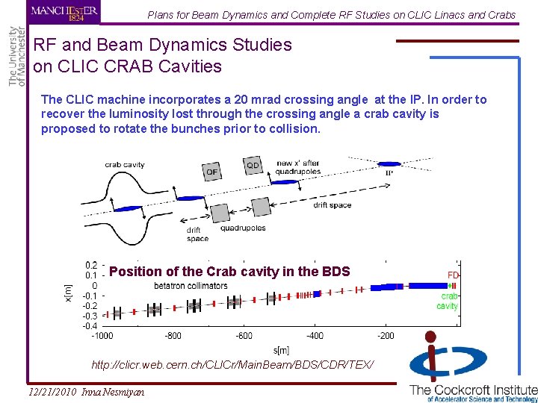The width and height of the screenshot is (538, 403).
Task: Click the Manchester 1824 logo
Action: [64, 13]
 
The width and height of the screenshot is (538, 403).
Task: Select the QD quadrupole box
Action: [253, 165]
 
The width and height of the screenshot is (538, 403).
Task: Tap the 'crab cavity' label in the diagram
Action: [125, 165]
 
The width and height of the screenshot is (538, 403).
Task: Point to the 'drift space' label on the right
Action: [332, 205]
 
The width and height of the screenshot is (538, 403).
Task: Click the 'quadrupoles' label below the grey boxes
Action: [243, 228]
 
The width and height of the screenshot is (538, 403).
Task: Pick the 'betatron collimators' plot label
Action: [191, 286]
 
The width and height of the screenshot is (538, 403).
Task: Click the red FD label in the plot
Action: [453, 275]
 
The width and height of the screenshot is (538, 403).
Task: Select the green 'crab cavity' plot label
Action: [448, 301]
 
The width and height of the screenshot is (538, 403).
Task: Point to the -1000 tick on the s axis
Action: [102, 336]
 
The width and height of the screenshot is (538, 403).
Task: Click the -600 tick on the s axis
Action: [244, 336]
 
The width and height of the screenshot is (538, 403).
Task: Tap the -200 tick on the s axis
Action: [385, 336]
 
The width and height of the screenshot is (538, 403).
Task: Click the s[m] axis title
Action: [282, 349]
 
